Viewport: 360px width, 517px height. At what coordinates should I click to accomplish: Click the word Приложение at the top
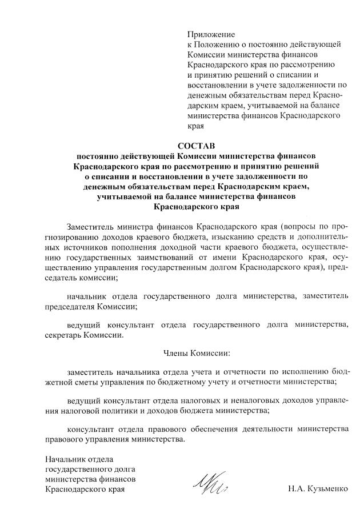tap(211, 34)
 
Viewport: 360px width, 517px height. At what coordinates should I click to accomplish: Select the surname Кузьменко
tap(326, 490)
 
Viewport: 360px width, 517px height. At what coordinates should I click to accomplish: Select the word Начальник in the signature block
tap(63, 459)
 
